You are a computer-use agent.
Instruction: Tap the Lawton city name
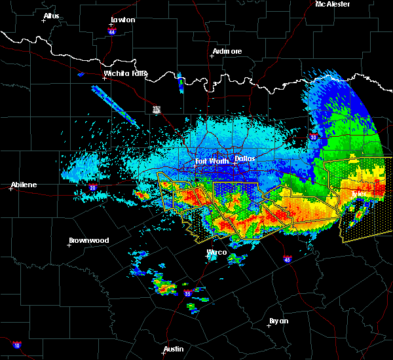122,20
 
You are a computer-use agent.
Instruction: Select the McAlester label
332,4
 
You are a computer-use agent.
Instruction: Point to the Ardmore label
227,51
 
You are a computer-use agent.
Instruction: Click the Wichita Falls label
126,73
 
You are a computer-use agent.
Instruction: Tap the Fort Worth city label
212,160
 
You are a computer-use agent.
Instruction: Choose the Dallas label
244,158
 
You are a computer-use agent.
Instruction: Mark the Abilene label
23,185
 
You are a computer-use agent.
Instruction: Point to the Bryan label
278,321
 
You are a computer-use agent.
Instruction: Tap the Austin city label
174,349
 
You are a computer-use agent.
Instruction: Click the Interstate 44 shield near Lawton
112,31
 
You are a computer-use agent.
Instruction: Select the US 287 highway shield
157,109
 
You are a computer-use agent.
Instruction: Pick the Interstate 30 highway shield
313,137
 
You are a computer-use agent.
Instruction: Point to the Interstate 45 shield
287,259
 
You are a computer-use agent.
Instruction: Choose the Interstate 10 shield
16,345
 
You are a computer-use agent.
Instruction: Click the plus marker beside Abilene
11,189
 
